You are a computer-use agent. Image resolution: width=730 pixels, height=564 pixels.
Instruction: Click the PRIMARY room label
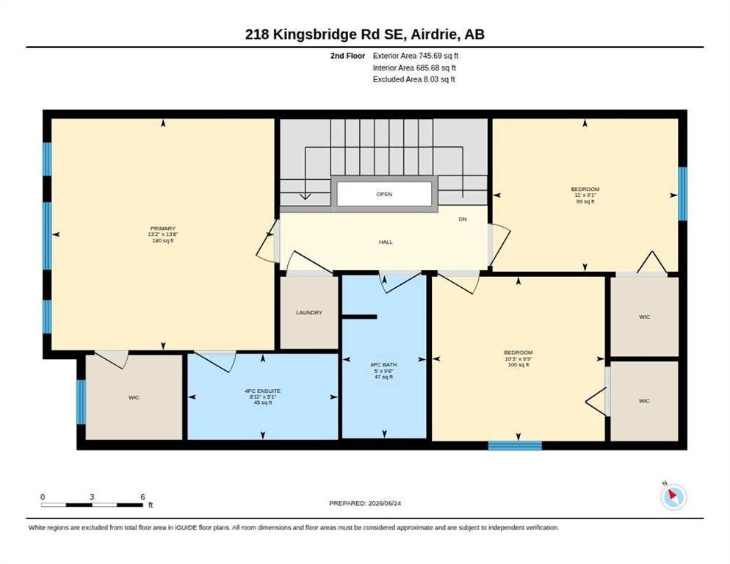pyautogui.click(x=163, y=228)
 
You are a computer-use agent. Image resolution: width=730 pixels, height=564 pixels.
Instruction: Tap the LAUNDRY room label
pyautogui.click(x=309, y=313)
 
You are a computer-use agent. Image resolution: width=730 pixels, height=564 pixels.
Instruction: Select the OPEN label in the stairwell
pyautogui.click(x=385, y=194)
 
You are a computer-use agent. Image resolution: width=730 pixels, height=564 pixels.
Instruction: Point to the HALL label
pyautogui.click(x=386, y=242)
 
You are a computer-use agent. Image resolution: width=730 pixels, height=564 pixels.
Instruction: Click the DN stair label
pyautogui.click(x=463, y=220)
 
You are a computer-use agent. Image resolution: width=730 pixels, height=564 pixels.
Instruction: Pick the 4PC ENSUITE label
pyautogui.click(x=263, y=391)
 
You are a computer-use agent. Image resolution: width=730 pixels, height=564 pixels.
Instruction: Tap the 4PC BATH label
pyautogui.click(x=383, y=365)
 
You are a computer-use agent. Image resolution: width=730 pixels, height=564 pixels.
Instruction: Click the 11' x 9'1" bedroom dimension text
pyautogui.click(x=585, y=195)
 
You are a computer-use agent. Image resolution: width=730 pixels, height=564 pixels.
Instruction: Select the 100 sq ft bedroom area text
pyautogui.click(x=518, y=365)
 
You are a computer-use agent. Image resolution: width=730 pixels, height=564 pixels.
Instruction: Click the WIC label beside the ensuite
pyautogui.click(x=134, y=397)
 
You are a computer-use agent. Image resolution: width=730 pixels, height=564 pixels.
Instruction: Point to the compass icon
pyautogui.click(x=673, y=497)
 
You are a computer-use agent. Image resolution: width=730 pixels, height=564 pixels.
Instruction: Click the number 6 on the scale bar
pyautogui.click(x=143, y=497)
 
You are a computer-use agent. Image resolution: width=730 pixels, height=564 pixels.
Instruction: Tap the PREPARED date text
pyautogui.click(x=365, y=504)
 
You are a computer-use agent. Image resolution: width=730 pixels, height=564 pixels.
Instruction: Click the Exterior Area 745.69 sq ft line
pyautogui.click(x=416, y=56)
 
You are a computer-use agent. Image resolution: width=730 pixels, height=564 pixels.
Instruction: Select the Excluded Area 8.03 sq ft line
pyautogui.click(x=414, y=79)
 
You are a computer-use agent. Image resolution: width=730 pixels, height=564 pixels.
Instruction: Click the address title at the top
pyautogui.click(x=365, y=35)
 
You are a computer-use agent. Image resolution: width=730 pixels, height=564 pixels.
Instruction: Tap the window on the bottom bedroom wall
pyautogui.click(x=515, y=446)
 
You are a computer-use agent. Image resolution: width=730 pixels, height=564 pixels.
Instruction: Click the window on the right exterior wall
pyautogui.click(x=682, y=193)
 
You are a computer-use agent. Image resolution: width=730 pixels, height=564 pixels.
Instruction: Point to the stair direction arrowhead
pyautogui.click(x=305, y=196)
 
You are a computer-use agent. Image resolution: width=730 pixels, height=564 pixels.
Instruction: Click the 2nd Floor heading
pyautogui.click(x=348, y=56)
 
